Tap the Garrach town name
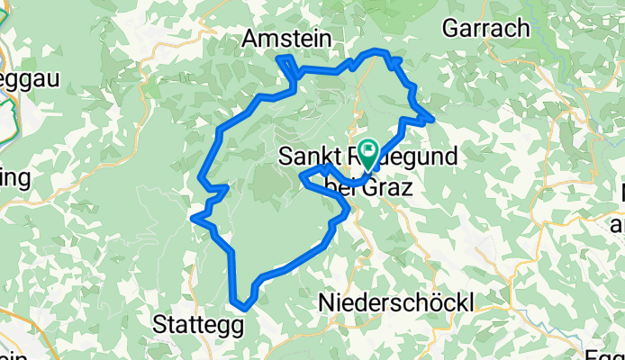[x=485, y=28]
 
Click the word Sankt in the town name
[x=303, y=156]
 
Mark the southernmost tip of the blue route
[x=243, y=310]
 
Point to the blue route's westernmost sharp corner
[x=194, y=216]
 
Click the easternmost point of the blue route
[x=433, y=119]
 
